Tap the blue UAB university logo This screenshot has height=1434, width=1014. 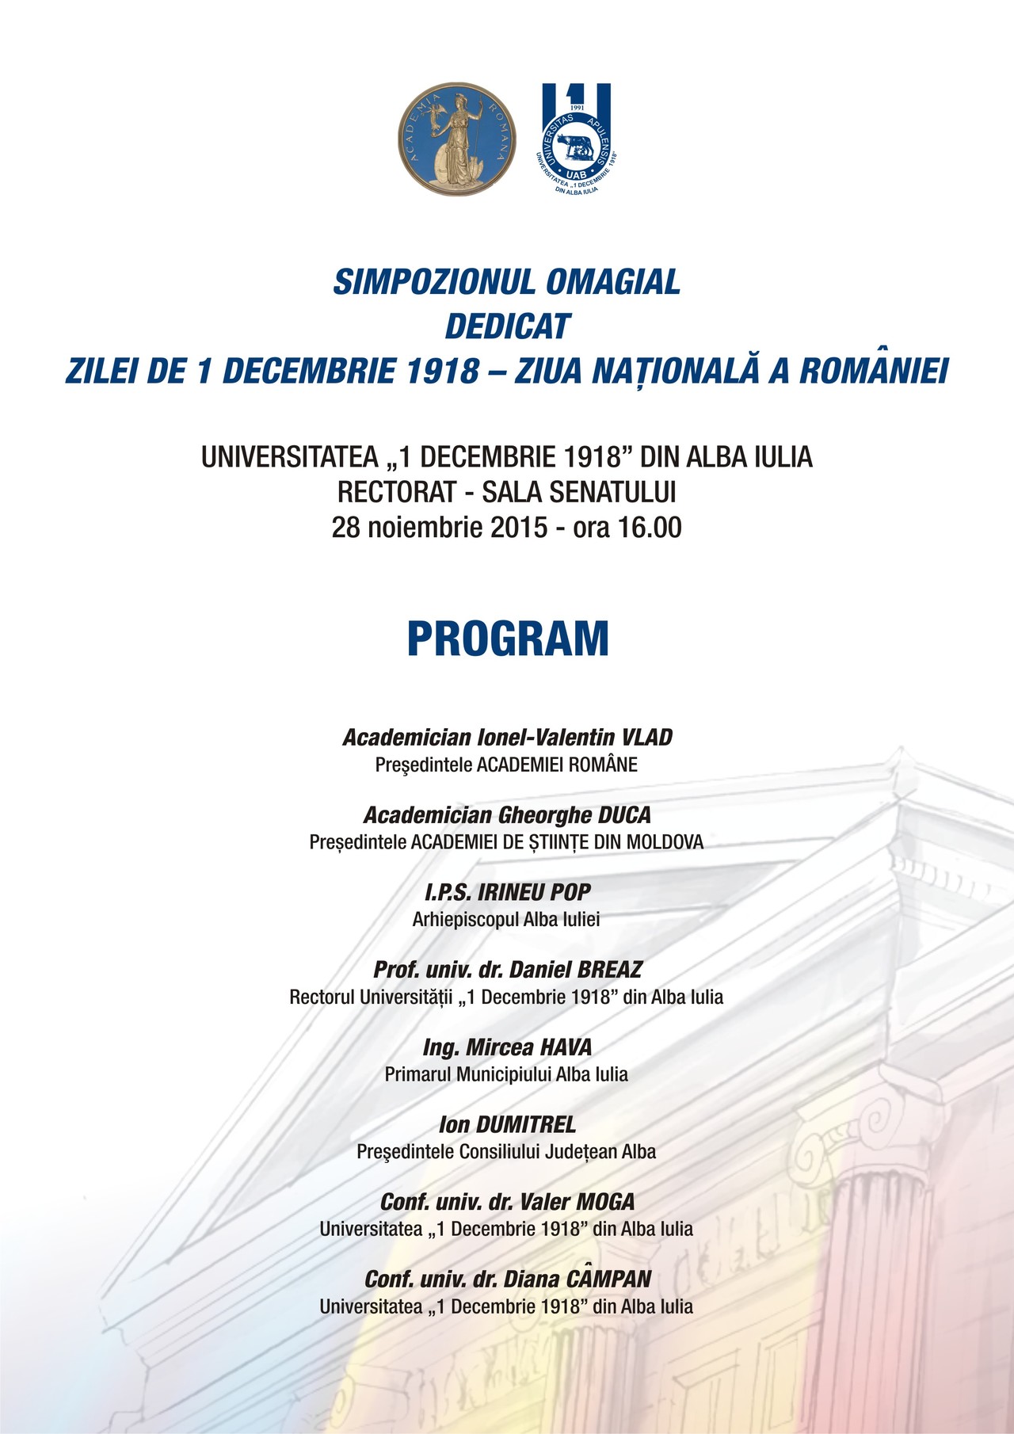click(x=576, y=139)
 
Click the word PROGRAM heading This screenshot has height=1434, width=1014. click(x=508, y=639)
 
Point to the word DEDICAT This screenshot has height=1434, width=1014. click(x=508, y=326)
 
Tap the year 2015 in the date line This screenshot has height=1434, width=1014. click(x=519, y=528)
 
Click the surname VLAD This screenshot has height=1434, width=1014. click(x=646, y=738)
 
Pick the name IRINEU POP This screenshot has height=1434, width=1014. click(x=535, y=892)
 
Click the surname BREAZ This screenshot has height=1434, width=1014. click(x=609, y=970)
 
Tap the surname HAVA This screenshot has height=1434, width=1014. click(x=566, y=1047)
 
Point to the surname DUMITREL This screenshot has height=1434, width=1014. click(x=526, y=1124)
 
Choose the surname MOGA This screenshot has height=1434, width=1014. click(x=605, y=1202)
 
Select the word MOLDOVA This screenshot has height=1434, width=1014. click(x=665, y=842)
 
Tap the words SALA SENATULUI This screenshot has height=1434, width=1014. click(x=579, y=492)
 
